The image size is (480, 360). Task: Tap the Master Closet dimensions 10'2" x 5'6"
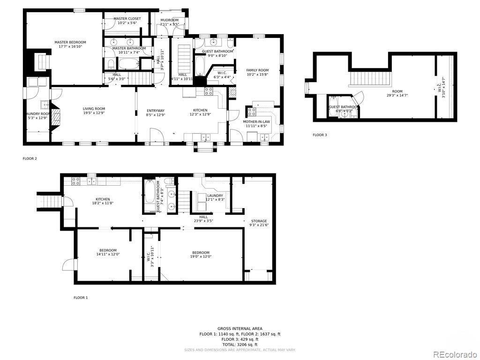coord(127,22)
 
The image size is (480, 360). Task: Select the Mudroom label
coord(169,20)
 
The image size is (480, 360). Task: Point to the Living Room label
coord(94,109)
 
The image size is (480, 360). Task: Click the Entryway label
coord(156,111)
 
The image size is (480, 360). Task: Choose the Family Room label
coord(257,70)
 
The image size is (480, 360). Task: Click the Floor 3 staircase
coord(370,78)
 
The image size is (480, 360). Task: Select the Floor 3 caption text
coord(320,135)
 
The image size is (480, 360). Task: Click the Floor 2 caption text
coord(30,158)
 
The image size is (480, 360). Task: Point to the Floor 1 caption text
coord(81,298)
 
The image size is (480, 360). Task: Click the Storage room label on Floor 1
coord(259,221)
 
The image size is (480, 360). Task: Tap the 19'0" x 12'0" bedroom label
coord(201,253)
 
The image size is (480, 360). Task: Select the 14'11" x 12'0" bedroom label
coord(108,250)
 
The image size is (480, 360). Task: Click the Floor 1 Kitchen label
coord(103,199)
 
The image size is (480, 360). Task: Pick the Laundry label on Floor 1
coord(215,195)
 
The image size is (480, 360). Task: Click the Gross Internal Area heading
coord(240,329)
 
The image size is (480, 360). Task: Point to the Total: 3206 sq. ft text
coord(240,345)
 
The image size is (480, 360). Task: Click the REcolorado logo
coord(453,354)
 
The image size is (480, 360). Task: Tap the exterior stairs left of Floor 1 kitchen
coord(50,201)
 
